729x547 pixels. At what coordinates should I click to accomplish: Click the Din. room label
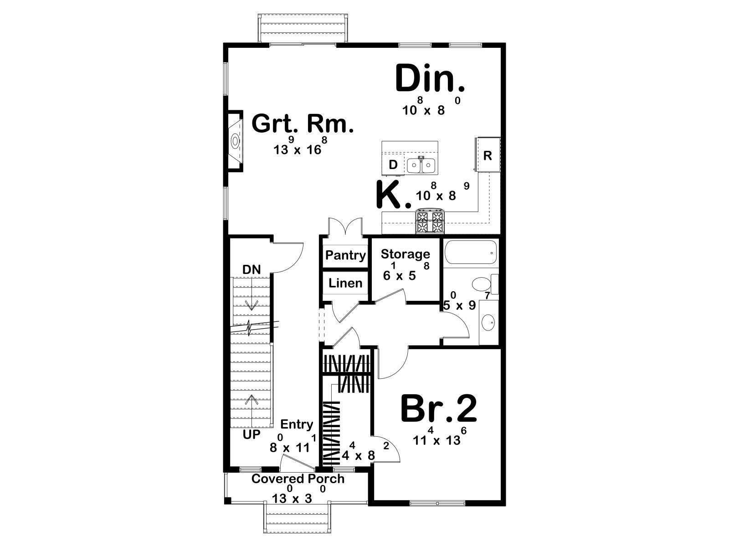tap(430, 79)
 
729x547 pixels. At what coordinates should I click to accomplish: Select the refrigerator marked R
tap(488, 155)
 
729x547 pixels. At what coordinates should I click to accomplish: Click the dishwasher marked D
tap(393, 165)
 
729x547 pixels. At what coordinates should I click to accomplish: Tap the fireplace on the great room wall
tap(234, 141)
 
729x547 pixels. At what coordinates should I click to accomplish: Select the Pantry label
tap(345, 255)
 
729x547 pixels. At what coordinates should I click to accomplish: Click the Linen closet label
tap(345, 283)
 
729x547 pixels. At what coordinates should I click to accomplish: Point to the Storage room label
tap(406, 254)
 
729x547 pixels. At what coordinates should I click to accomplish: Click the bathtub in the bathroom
tap(471, 253)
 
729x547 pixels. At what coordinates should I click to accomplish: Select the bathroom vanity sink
tap(488, 322)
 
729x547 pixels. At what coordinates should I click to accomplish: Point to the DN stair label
tap(252, 270)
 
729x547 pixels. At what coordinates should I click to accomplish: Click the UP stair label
tap(252, 434)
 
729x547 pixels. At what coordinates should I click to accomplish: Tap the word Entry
tap(297, 425)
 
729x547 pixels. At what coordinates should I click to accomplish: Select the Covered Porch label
tap(298, 479)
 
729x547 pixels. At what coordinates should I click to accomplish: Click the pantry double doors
tap(345, 227)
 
